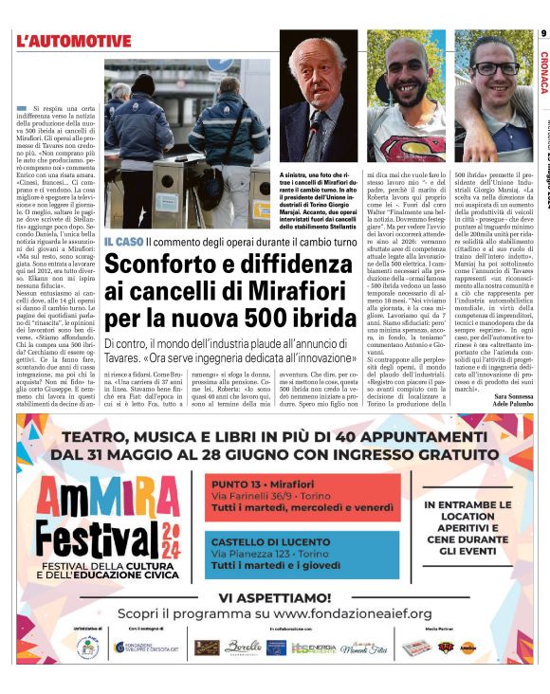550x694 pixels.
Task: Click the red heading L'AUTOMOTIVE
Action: coord(73,41)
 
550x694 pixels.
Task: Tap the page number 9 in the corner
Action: coord(543,36)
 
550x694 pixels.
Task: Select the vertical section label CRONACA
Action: coord(543,72)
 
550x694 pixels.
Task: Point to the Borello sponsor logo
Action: coord(242,647)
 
